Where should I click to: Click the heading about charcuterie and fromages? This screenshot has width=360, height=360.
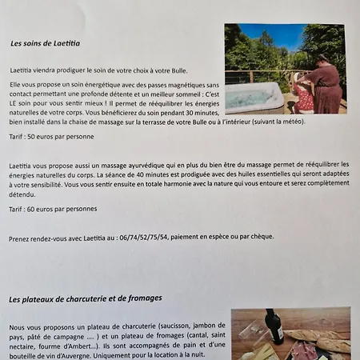86,298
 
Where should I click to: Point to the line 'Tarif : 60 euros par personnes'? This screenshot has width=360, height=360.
54,209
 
